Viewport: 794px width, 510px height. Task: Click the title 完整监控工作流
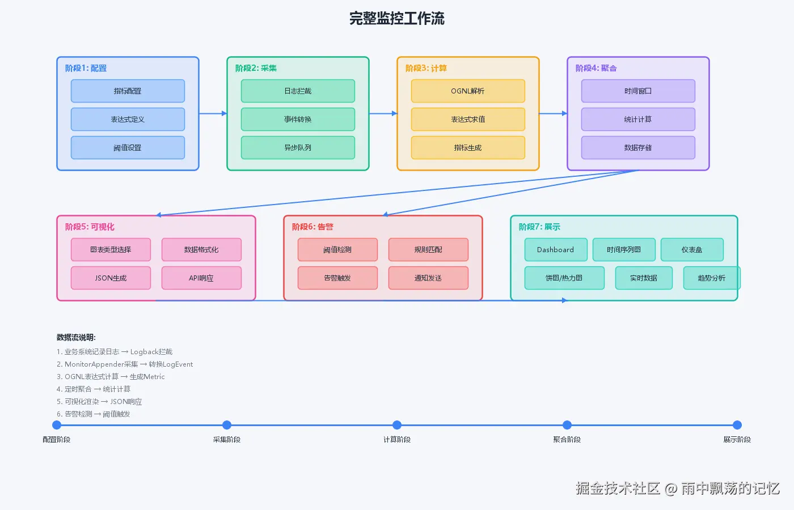(397, 19)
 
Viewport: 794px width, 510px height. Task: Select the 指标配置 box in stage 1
(128, 91)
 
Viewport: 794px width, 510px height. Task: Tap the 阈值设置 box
(128, 148)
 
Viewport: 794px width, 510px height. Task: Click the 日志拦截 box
(298, 91)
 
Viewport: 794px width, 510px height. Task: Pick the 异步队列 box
(298, 148)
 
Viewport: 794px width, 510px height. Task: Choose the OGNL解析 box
(468, 91)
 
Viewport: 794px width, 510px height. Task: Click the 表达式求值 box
(468, 120)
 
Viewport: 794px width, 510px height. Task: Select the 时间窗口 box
(638, 91)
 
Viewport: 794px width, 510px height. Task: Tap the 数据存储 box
(638, 148)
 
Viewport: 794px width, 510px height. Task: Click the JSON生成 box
(111, 278)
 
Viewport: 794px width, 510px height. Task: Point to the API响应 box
(201, 278)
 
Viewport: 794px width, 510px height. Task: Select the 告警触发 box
(337, 278)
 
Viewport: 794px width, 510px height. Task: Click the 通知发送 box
(428, 278)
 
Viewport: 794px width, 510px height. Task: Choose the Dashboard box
(555, 250)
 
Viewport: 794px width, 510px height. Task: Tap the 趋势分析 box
(711, 278)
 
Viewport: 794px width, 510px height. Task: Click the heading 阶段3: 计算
(426, 68)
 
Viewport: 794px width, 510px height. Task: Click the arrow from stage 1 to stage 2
(213, 113)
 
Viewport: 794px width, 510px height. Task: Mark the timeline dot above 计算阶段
(397, 425)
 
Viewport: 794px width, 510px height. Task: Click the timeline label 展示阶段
(737, 440)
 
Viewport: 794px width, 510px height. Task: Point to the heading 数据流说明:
(76, 338)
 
